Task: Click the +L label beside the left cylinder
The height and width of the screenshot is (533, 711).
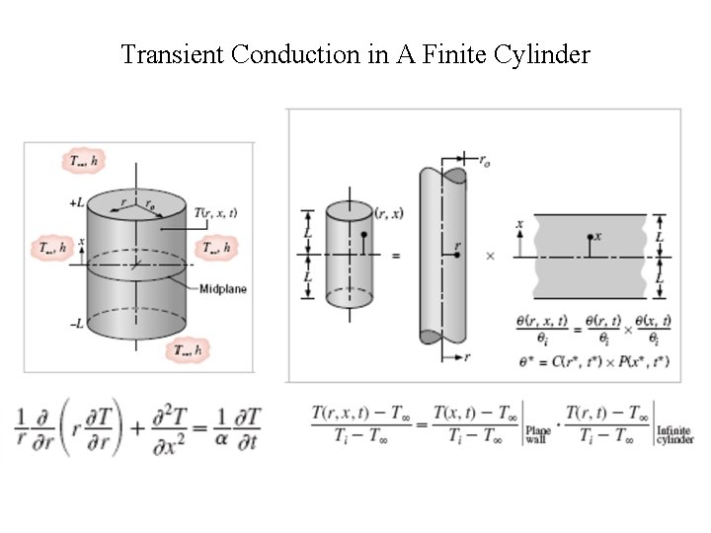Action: point(77,202)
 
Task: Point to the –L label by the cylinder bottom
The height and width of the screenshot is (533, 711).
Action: point(77,324)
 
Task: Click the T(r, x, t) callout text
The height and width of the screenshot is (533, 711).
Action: point(216,212)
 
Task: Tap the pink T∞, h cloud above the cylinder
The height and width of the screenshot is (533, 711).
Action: point(83,159)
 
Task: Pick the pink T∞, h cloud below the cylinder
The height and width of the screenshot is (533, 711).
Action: point(189,349)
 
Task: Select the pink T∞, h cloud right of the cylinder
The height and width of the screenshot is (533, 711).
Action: point(217,248)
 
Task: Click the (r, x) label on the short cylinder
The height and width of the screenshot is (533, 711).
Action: point(387,211)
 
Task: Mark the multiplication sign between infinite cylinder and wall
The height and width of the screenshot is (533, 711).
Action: point(490,255)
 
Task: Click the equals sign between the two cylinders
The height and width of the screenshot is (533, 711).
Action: point(395,255)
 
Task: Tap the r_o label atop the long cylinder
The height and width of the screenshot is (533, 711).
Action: point(484,158)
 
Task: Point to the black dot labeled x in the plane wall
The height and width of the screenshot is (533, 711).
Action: point(590,237)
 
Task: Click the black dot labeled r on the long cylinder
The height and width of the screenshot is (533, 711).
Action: point(457,255)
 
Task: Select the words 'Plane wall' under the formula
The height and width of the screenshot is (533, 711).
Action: point(538,434)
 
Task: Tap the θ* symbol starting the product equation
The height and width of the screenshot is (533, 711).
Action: point(524,362)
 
